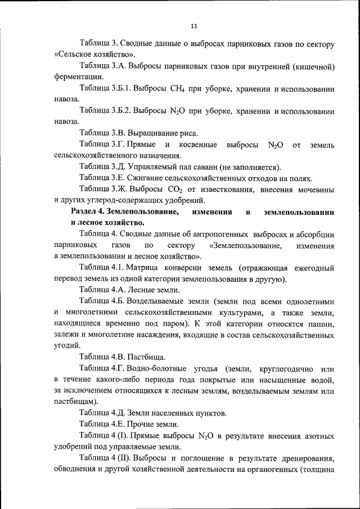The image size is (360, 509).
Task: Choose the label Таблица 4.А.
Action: pos(102,290)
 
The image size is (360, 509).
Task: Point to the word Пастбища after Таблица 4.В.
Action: pos(147,357)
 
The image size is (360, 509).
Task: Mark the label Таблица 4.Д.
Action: pos(102,413)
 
